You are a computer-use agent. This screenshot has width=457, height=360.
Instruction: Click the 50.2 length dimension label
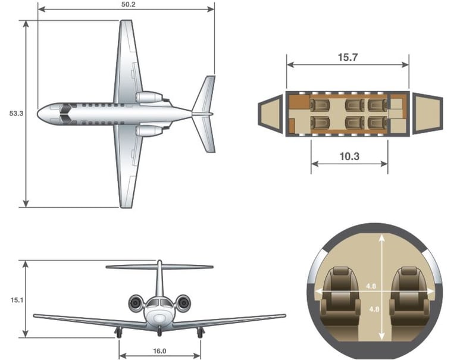129,5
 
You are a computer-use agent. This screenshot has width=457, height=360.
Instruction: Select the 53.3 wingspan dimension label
16,114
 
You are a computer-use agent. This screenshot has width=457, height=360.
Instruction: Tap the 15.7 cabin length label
348,57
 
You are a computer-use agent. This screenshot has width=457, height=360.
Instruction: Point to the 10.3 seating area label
349,156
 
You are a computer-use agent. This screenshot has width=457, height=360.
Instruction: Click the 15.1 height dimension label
17,300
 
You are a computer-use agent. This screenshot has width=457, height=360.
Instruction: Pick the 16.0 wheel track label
159,351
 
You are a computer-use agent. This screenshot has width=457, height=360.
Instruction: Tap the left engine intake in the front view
136,303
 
